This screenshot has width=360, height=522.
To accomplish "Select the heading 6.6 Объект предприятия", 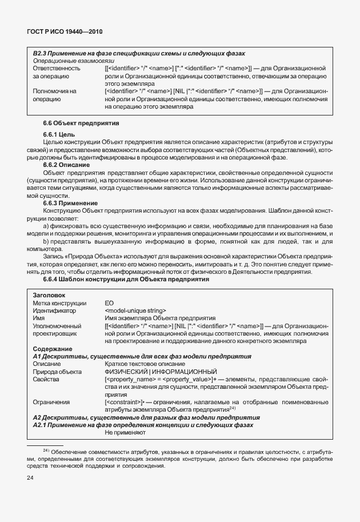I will click(x=81, y=123).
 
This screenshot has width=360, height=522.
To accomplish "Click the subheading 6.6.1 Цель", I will click(x=59, y=134).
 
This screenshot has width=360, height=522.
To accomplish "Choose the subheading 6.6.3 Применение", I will click(x=70, y=202).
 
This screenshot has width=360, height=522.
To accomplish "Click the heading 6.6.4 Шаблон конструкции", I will click(x=126, y=278).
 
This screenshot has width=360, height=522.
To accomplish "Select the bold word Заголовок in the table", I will click(x=50, y=294).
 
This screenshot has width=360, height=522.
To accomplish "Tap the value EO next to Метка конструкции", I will click(x=109, y=302).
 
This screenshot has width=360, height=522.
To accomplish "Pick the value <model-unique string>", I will click(x=135, y=310).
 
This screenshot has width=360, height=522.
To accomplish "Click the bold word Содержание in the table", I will click(x=53, y=348).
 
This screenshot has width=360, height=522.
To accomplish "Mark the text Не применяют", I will click(x=126, y=433).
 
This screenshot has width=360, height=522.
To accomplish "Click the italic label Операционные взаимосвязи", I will click(x=74, y=60).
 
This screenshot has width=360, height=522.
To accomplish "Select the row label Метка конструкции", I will click(x=59, y=302).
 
